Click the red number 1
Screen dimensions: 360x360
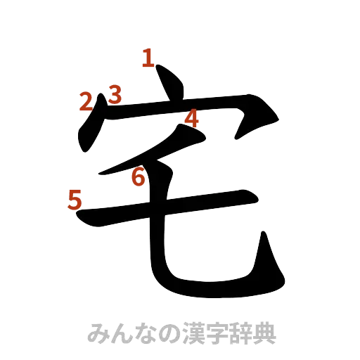pos(148,58)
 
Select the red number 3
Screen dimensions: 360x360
pos(115,94)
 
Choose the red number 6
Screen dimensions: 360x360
pos(139,179)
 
